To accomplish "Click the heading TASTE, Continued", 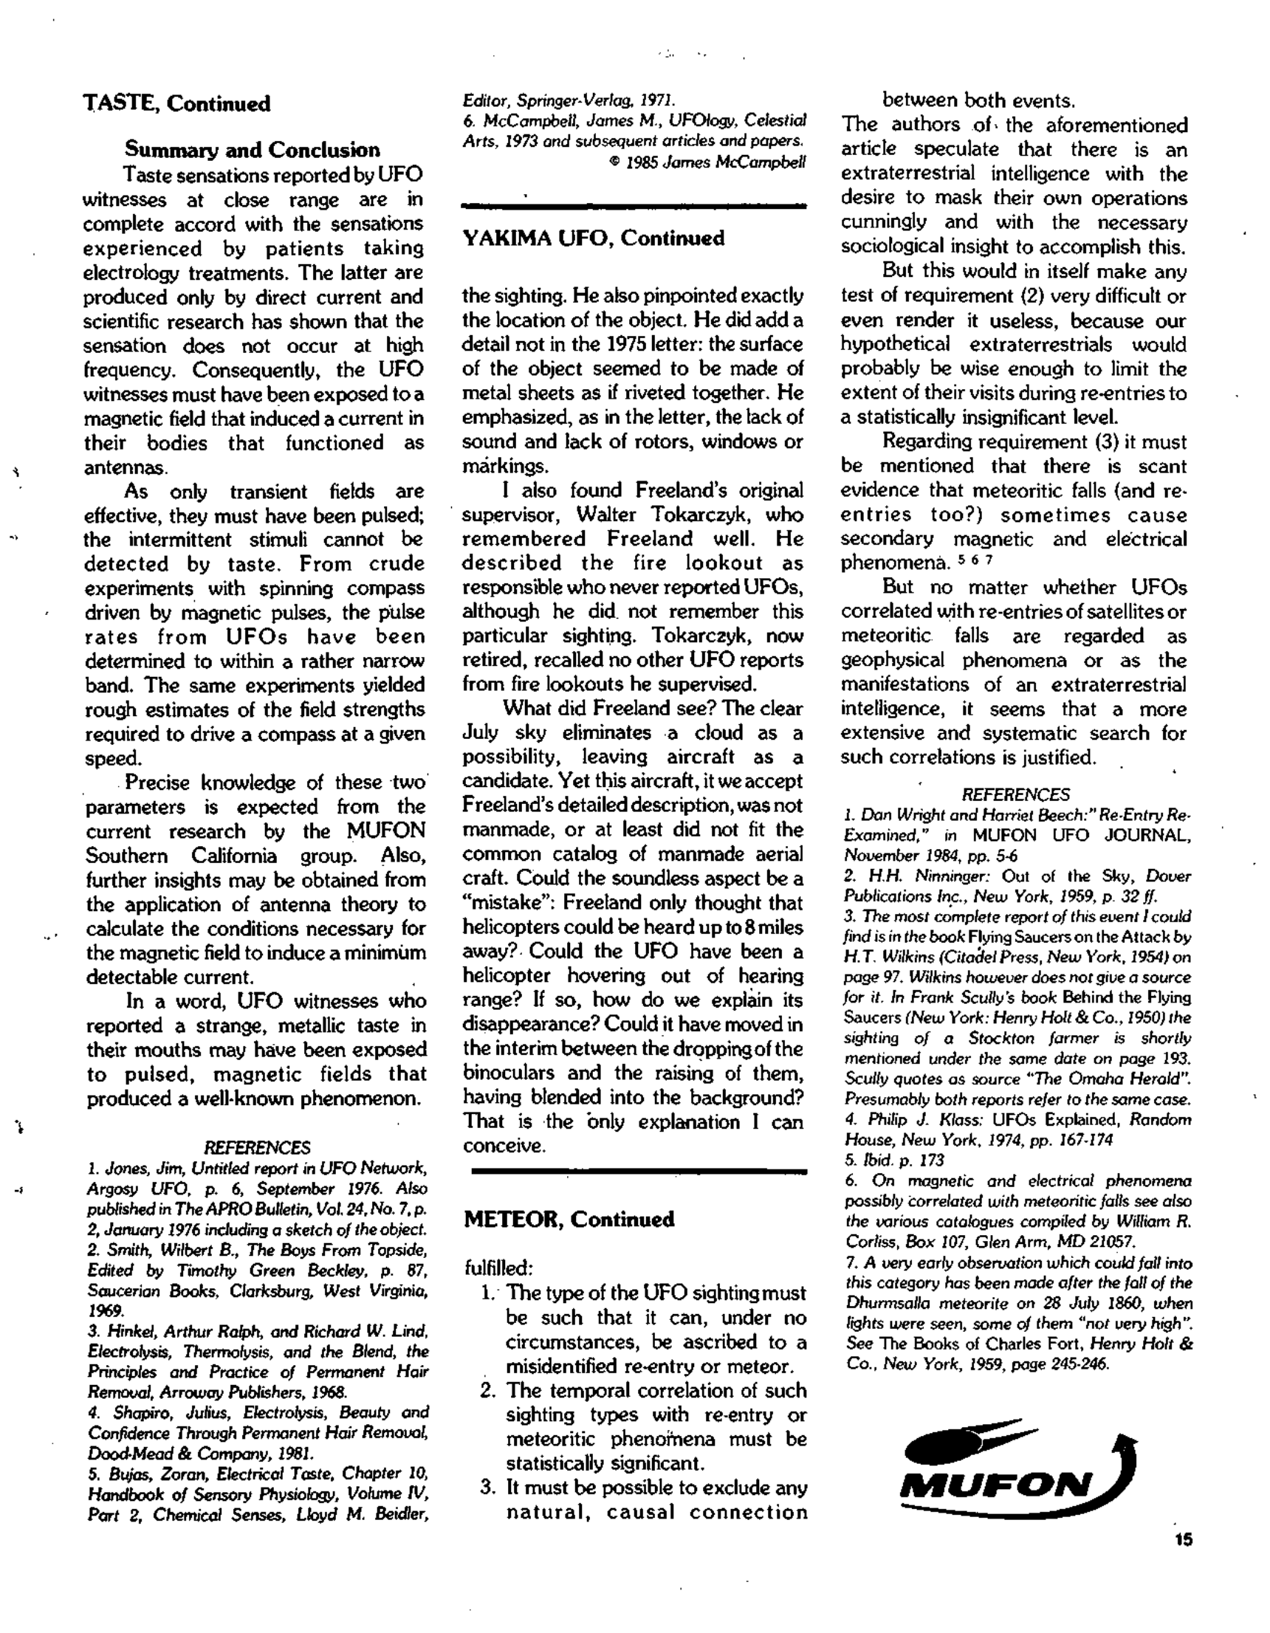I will [x=176, y=103].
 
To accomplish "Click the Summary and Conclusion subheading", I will [x=252, y=150].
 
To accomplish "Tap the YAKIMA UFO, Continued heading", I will [x=594, y=238].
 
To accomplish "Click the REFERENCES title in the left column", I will [x=256, y=1148].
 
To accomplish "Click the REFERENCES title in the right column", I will [x=1015, y=794].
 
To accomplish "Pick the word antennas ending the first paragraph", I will [x=124, y=467].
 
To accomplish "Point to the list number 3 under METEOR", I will [x=488, y=1488].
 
